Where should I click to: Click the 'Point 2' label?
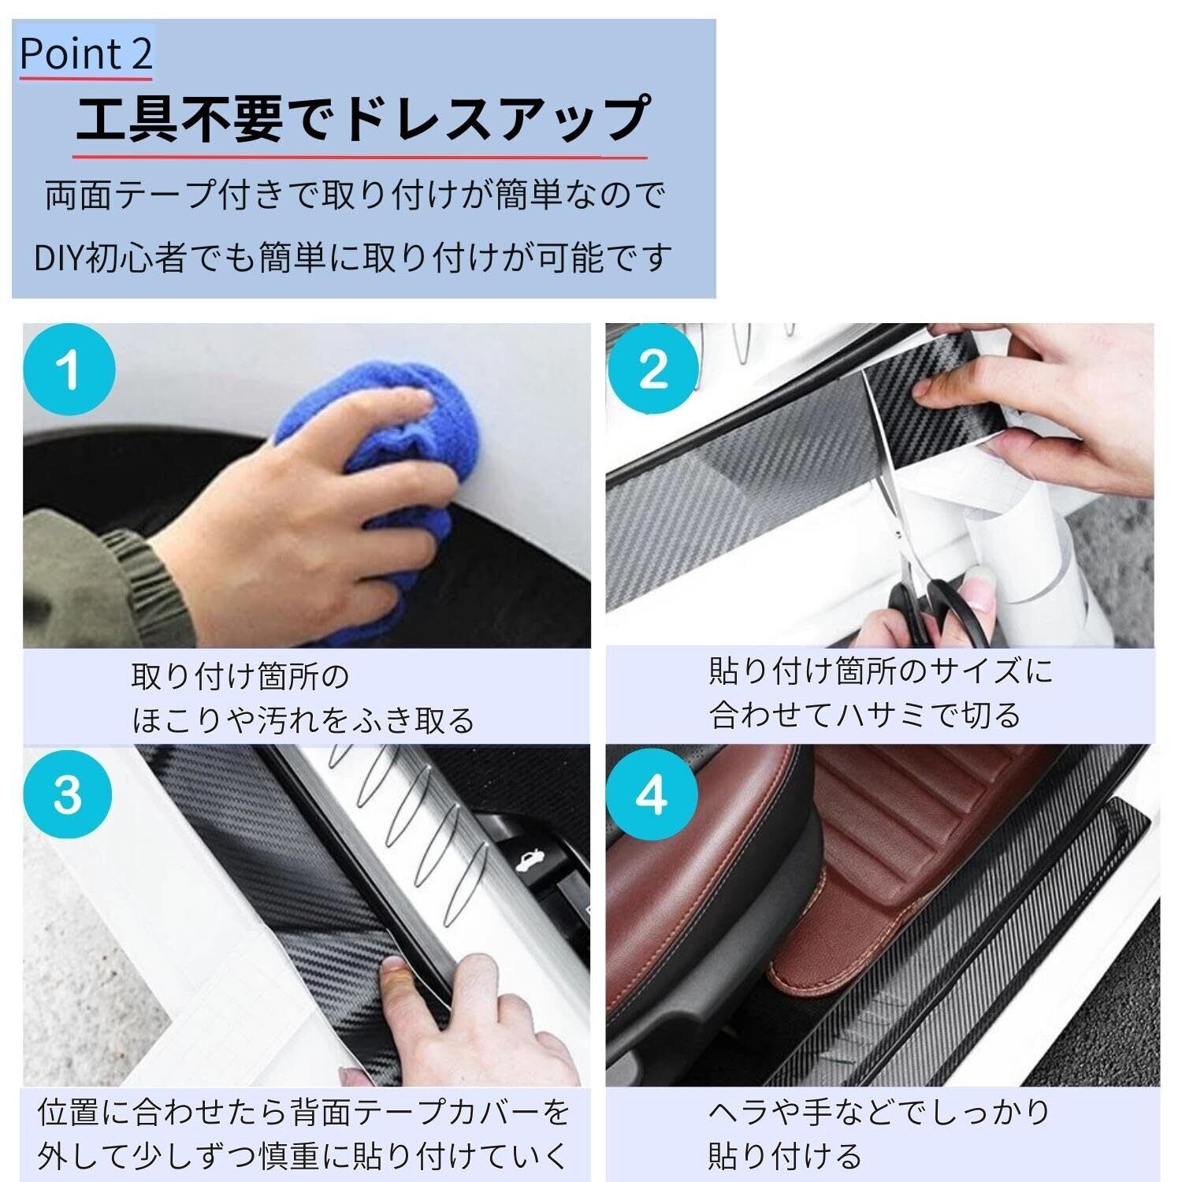pos(85,54)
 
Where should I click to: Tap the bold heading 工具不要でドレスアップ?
pos(363,120)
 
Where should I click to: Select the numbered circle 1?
pos(69,370)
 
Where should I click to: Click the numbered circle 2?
pos(653,369)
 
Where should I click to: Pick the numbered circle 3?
pos(68,794)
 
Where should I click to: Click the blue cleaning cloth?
pos(374,489)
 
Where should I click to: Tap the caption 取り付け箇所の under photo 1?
pos(240,676)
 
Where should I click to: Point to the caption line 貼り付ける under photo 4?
pos(785,1156)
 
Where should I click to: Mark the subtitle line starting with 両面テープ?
pos(355,195)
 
